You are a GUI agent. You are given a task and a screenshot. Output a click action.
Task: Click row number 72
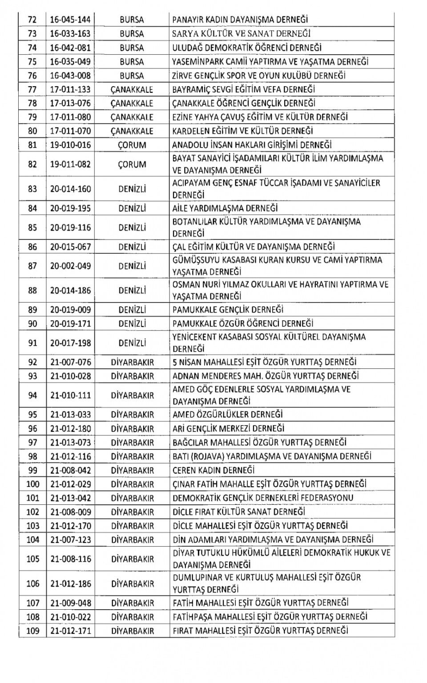[x=32, y=20]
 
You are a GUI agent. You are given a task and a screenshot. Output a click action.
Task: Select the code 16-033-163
[x=70, y=34]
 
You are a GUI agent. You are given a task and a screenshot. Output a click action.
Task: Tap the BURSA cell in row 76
[x=132, y=76]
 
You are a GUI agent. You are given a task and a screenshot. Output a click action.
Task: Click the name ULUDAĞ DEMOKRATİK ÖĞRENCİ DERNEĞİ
[x=247, y=48]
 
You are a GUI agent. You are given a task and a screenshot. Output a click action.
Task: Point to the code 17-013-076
[x=70, y=103]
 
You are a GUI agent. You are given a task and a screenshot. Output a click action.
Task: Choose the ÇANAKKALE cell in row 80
[x=132, y=131]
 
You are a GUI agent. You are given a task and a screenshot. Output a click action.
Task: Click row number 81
[x=32, y=145]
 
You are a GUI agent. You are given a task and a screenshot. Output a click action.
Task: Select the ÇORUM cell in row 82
[x=132, y=164]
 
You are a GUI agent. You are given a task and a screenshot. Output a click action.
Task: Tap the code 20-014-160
[x=70, y=189]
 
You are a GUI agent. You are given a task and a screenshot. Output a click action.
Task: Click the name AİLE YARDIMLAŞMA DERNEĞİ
[x=225, y=208]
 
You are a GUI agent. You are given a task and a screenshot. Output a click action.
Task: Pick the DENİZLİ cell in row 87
[x=132, y=266]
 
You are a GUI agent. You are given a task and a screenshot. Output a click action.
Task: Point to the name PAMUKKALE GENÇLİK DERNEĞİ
[x=228, y=310]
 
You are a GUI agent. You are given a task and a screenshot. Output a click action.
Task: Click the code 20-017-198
[x=70, y=343]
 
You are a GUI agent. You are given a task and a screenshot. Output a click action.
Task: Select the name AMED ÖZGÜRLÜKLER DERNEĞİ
[x=228, y=415]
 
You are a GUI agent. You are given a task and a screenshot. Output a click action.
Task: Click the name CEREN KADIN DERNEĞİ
[x=213, y=470]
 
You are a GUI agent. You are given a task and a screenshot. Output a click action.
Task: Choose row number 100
[x=32, y=484]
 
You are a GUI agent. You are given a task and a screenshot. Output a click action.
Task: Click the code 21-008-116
[x=70, y=559]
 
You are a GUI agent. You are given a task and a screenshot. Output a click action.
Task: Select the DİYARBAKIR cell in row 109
[x=132, y=631]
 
